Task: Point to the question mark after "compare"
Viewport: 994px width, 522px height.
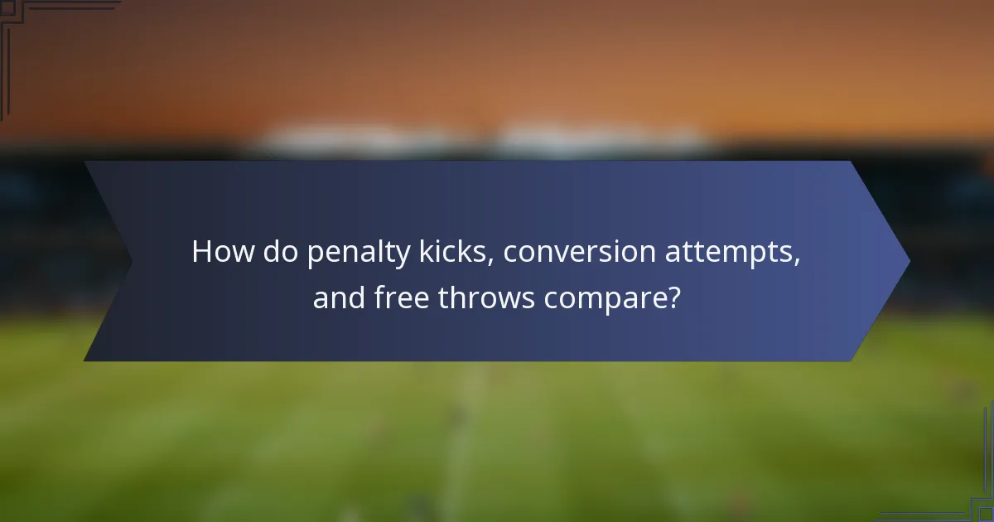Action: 673,297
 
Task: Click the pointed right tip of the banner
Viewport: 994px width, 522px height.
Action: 908,261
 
